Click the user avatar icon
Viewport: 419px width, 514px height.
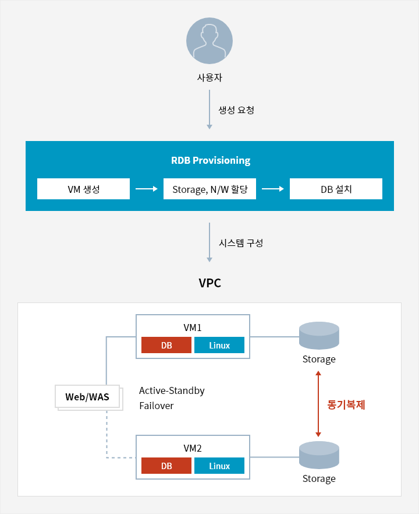coord(210,41)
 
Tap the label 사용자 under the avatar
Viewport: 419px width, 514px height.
coord(210,78)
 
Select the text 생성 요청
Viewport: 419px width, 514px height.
coord(236,110)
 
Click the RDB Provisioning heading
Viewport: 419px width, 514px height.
coord(211,160)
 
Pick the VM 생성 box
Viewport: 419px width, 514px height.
coord(83,189)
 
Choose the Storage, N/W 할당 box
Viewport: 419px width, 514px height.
coord(210,189)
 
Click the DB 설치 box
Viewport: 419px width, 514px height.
coord(336,189)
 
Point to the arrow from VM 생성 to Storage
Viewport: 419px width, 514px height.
coord(147,189)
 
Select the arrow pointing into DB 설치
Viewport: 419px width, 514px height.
coord(273,189)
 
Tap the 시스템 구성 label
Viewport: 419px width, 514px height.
coord(241,243)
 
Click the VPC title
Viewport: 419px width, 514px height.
coord(210,283)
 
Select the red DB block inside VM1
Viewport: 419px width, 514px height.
coord(166,345)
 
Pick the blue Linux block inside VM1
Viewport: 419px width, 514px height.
coord(219,345)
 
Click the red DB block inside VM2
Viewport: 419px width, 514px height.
coord(166,466)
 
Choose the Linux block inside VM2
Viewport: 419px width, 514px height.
coord(219,466)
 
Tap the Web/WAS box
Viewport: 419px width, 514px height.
coord(87,397)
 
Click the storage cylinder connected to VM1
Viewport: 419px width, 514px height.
coord(319,335)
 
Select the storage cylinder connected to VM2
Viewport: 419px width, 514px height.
coord(319,455)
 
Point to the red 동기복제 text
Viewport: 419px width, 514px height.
coord(346,405)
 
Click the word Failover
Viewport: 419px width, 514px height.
coord(157,406)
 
